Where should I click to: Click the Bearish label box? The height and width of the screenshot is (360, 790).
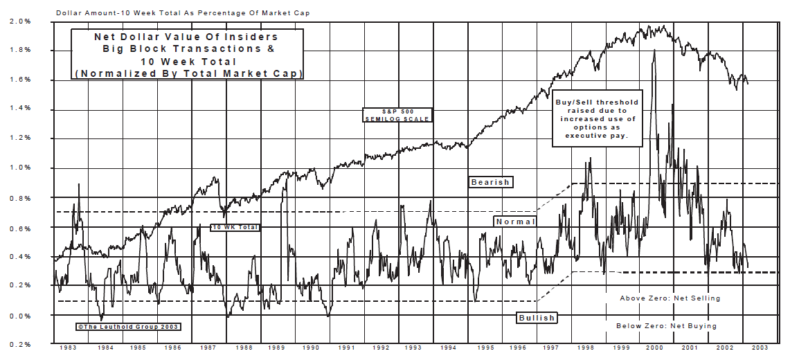[490, 182]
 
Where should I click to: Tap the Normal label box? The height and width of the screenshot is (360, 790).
[515, 222]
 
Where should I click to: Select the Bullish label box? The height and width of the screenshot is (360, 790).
[537, 318]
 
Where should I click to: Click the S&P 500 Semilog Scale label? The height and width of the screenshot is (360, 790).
[398, 115]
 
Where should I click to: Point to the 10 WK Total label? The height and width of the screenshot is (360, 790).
[235, 227]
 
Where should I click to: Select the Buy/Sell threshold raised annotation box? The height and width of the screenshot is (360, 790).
[596, 118]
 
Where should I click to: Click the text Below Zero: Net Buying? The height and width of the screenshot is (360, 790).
[666, 325]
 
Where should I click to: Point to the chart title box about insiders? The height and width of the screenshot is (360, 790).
[188, 55]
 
